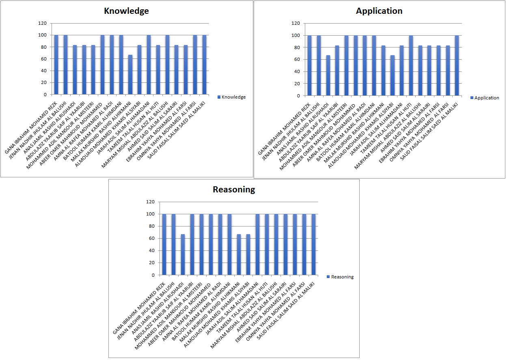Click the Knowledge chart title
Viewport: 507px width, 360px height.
126,11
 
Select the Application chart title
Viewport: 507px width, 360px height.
379,11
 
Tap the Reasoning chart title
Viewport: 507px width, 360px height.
234,190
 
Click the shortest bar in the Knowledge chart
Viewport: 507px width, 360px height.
130,75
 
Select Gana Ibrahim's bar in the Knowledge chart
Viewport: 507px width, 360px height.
56,65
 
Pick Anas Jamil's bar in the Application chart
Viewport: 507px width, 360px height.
328,75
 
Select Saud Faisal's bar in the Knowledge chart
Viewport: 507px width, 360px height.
204,65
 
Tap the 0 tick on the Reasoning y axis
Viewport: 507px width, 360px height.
153,275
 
